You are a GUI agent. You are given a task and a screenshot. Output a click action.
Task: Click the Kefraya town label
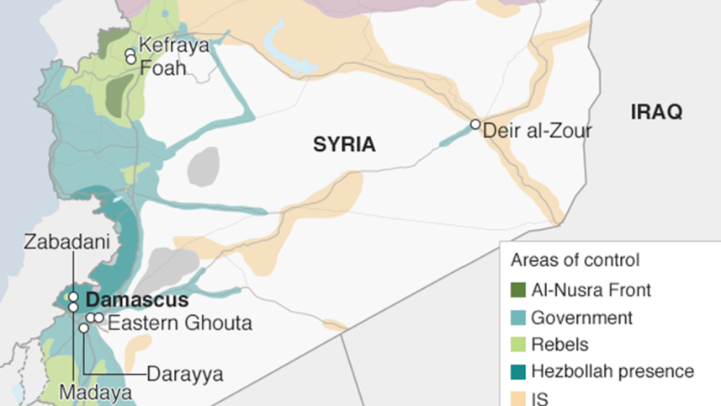[x=173, y=45]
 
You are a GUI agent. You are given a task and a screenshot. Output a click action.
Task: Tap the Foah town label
[x=162, y=68]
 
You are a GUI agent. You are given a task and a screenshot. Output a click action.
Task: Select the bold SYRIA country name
[x=344, y=145]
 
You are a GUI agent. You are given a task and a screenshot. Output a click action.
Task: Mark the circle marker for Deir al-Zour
[x=475, y=125]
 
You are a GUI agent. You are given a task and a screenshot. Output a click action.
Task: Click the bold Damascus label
[x=137, y=299]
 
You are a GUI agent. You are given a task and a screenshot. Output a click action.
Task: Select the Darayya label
[x=185, y=374]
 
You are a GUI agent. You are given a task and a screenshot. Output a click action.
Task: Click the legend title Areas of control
[x=575, y=260]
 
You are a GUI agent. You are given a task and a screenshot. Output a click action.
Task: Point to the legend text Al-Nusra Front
[x=591, y=291]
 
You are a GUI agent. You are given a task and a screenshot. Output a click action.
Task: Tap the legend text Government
[x=581, y=318]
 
